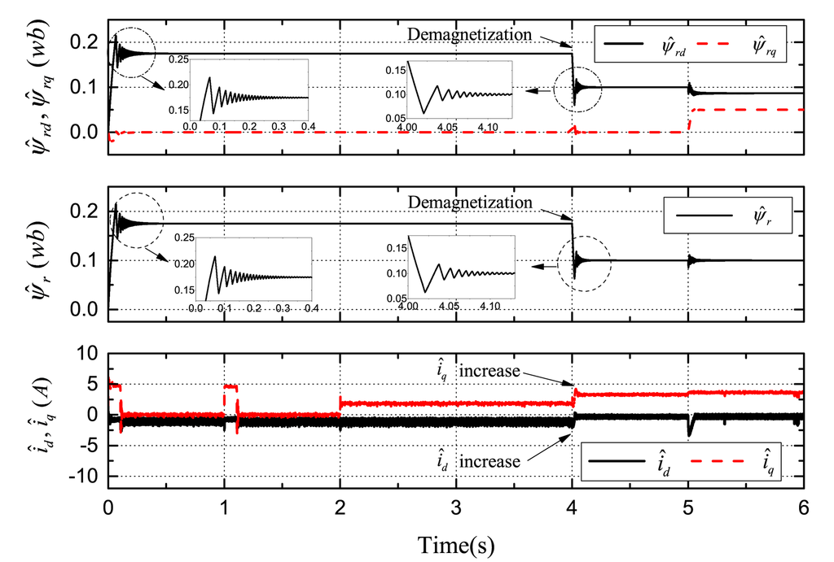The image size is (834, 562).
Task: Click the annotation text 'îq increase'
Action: tap(478, 371)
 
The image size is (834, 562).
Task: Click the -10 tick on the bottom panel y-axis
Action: tap(81, 475)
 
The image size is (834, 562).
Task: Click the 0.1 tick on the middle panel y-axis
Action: tap(85, 260)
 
